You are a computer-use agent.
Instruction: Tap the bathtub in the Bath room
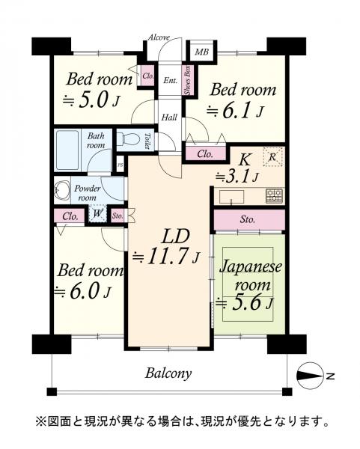[67, 150]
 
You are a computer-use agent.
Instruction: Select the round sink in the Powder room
[62, 190]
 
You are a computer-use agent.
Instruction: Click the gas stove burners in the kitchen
[275, 195]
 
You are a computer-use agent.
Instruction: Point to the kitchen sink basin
[232, 196]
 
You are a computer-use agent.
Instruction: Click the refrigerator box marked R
[272, 156]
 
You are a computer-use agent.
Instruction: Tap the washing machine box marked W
[97, 213]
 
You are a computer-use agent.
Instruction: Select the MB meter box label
[201, 52]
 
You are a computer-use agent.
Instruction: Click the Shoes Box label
[188, 81]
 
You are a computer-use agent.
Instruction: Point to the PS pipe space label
[120, 165]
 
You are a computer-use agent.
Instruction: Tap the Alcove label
[159, 37]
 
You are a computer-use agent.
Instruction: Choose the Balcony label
[168, 373]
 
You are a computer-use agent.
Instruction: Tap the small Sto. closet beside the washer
[118, 216]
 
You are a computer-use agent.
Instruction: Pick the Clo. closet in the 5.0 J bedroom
[147, 76]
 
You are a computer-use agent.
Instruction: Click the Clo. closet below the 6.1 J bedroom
[205, 154]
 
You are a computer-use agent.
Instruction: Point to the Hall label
[169, 117]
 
